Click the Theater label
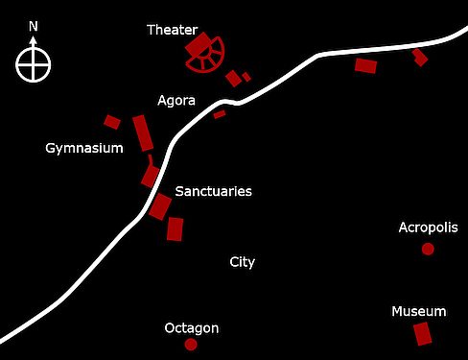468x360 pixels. tap(172, 30)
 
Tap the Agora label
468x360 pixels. tap(176, 100)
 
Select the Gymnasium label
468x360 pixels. tap(84, 148)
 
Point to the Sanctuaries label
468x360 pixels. tap(213, 191)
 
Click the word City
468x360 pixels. tap(243, 261)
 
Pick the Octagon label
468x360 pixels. tap(192, 327)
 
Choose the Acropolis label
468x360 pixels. tap(427, 228)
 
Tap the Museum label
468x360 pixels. tap(419, 311)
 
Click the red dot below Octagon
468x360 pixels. tap(191, 344)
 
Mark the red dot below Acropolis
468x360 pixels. tap(428, 249)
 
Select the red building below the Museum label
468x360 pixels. tap(422, 334)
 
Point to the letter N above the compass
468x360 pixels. tap(34, 26)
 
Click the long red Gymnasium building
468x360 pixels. tap(142, 132)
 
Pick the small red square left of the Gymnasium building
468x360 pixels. tap(112, 122)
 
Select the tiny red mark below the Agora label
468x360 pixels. tap(220, 114)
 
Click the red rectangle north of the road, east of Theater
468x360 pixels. tap(365, 65)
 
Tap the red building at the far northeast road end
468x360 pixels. tap(419, 57)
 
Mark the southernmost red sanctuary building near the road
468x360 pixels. tap(175, 228)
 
